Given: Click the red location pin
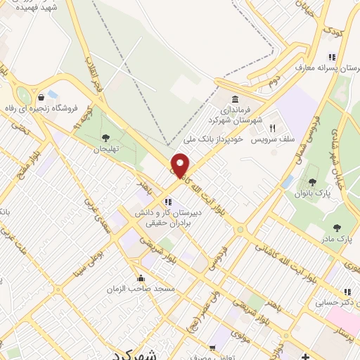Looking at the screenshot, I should click(181, 165).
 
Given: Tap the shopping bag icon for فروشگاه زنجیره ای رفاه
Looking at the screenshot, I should click(44, 96).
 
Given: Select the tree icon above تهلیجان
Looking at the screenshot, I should click(105, 138).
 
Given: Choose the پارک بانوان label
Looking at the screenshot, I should click(313, 193).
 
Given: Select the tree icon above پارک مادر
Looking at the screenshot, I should click(337, 227).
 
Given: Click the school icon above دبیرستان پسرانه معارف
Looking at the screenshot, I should click(330, 58).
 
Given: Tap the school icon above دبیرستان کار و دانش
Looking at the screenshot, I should click(168, 201).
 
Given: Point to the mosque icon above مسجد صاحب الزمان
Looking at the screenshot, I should click(141, 277).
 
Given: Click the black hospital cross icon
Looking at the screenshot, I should click(304, 356).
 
